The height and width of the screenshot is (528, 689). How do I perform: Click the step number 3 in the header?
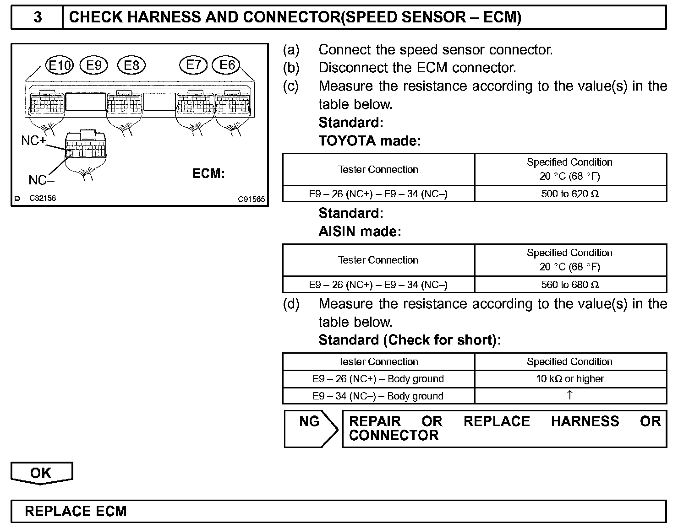[38, 17]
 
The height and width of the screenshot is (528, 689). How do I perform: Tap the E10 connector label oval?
[60, 66]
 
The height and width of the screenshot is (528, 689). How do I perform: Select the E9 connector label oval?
[93, 65]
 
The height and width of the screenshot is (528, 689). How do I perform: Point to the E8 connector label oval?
[131, 65]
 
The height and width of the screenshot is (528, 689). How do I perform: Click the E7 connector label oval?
[193, 65]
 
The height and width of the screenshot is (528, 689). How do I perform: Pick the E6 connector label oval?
[227, 65]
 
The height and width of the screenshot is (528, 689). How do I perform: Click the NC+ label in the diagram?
[34, 140]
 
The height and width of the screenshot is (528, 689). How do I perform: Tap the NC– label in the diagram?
[41, 180]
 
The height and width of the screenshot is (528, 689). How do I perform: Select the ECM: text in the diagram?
[208, 174]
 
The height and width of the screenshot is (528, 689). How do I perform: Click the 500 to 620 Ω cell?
[570, 194]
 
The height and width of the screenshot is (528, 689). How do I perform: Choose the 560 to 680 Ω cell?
[570, 285]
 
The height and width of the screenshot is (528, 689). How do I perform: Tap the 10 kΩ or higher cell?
[570, 379]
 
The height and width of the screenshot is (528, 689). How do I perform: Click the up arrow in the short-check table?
[569, 395]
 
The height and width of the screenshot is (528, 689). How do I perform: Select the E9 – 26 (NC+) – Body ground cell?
[378, 379]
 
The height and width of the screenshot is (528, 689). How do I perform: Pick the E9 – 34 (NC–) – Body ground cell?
[378, 396]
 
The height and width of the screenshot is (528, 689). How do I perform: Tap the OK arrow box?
[41, 473]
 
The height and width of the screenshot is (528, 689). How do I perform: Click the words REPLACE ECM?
[76, 511]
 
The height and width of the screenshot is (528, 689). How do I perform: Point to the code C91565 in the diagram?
[251, 199]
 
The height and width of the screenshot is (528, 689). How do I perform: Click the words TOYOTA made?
[369, 141]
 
